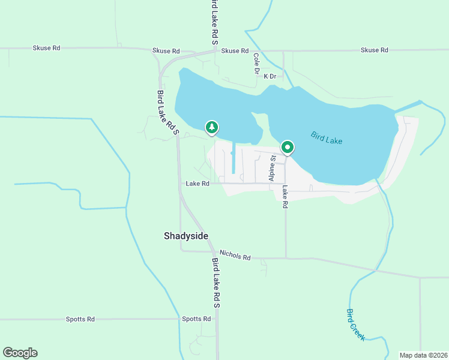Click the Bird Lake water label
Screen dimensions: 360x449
tap(327, 137)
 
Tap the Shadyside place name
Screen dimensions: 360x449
tap(186, 236)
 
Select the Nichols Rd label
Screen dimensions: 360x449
tap(235, 256)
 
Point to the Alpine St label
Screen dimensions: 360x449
tap(272, 169)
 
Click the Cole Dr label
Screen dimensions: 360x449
tap(256, 64)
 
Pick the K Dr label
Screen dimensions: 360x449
tap(270, 76)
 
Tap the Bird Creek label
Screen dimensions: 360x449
tap(355, 325)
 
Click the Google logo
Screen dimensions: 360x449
tap(20, 353)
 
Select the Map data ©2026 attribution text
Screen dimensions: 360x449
tap(423, 355)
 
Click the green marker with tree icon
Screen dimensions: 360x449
tap(211, 127)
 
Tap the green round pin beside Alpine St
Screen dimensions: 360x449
tap(288, 147)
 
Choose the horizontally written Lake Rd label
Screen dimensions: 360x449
tap(197, 184)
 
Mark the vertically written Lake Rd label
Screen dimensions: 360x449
tap(285, 196)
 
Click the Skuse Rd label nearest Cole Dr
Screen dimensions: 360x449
tap(235, 51)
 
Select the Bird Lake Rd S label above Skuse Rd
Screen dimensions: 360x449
tap(214, 22)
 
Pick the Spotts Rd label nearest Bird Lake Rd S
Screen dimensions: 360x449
tap(197, 319)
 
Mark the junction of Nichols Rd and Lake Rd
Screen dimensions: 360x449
tap(286, 258)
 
